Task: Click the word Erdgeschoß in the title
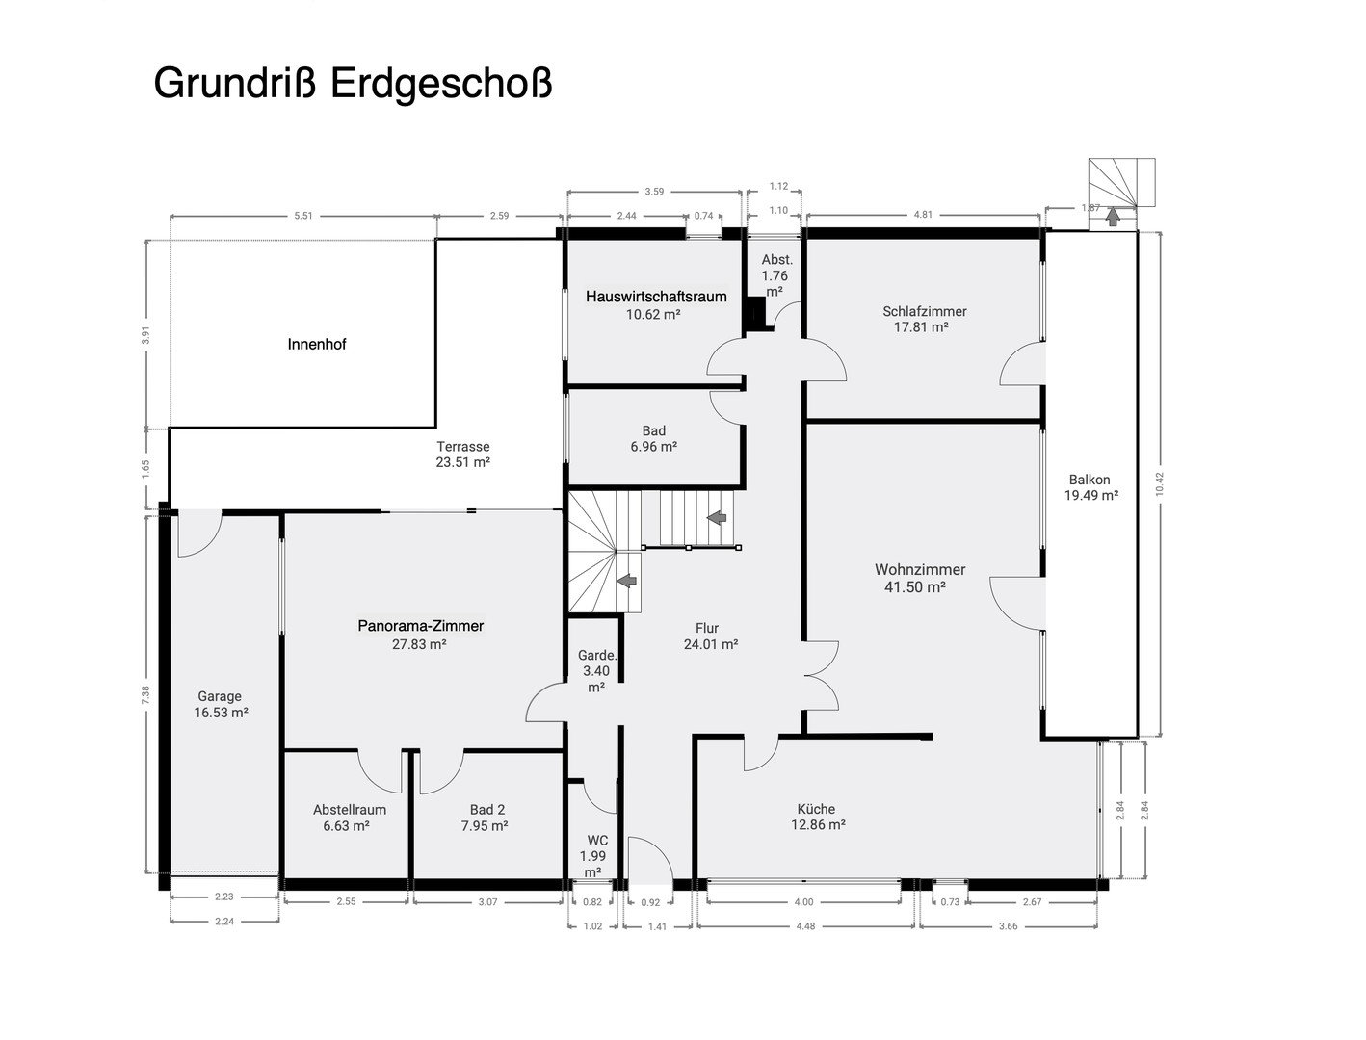(x=441, y=84)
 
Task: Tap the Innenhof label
(x=316, y=344)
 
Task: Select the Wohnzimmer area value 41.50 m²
(x=914, y=586)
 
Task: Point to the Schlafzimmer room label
(x=924, y=311)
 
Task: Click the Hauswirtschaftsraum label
(x=656, y=297)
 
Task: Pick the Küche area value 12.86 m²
(x=818, y=825)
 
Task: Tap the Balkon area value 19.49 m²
(x=1090, y=496)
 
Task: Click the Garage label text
(x=220, y=696)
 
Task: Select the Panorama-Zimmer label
(x=420, y=626)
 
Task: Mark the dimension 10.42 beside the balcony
(x=1160, y=483)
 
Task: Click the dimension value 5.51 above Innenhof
(x=303, y=216)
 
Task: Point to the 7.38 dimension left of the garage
(x=146, y=696)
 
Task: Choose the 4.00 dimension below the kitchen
(x=803, y=902)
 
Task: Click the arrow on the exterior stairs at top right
(x=1113, y=217)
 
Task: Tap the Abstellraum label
(x=349, y=810)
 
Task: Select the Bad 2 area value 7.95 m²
(x=484, y=826)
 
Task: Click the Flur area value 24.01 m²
(x=710, y=645)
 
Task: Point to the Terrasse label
(x=462, y=447)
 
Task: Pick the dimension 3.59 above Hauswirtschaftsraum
(x=654, y=192)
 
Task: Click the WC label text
(x=596, y=841)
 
